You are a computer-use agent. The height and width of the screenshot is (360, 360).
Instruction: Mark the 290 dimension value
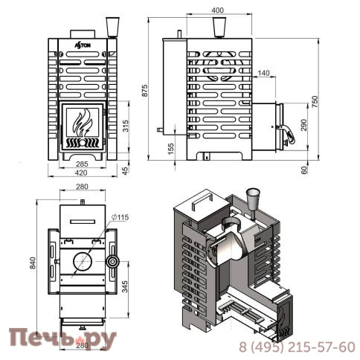point(304,123)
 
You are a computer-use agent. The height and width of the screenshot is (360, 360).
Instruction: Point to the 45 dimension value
point(126,170)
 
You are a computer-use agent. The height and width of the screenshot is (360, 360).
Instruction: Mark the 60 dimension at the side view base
point(304,170)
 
